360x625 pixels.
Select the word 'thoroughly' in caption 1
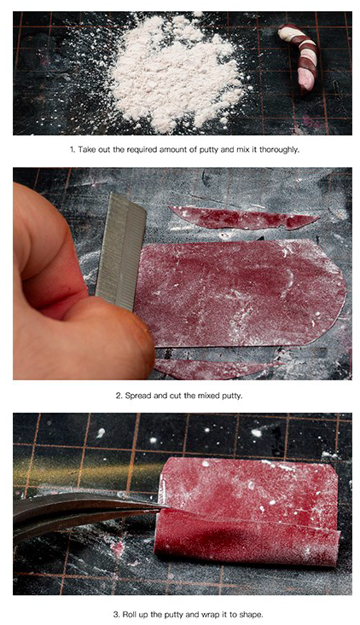279,149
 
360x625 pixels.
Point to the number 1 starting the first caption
73,149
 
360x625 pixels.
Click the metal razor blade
120,252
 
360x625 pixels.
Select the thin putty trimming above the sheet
243,218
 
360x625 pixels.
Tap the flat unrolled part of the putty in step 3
249,486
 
